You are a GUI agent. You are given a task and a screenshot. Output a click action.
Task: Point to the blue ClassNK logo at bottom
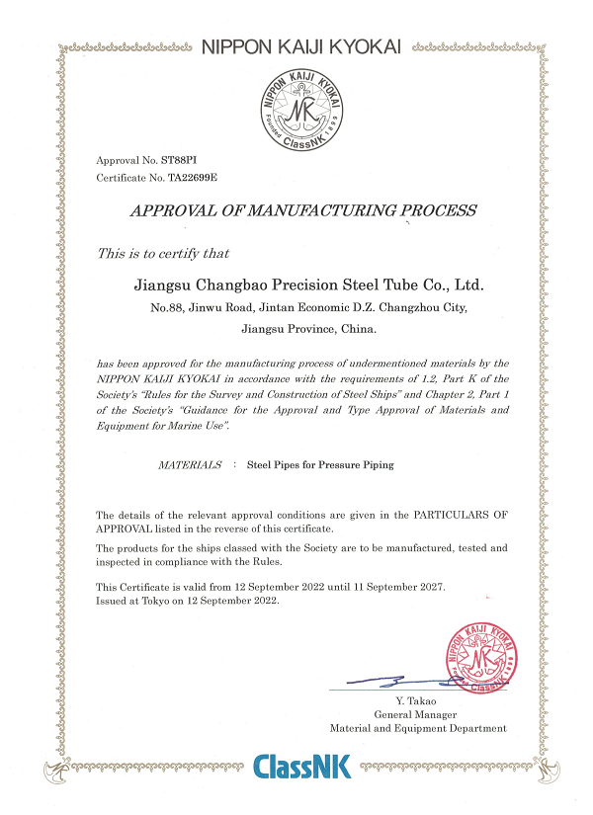tap(301, 768)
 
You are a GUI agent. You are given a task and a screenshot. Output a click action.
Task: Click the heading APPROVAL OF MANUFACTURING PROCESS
tap(303, 210)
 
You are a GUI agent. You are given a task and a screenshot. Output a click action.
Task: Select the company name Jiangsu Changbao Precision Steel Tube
tap(308, 285)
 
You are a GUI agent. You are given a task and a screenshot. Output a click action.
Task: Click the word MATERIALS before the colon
tap(190, 464)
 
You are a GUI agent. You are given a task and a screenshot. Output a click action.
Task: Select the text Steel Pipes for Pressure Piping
tap(319, 464)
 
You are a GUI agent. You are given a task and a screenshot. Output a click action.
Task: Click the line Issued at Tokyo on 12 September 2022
tap(187, 600)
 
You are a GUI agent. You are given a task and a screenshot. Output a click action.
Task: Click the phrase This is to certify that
tap(163, 254)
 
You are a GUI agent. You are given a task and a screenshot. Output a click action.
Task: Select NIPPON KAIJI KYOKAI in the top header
tap(302, 46)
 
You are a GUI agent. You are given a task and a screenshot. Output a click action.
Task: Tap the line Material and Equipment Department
tap(418, 728)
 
